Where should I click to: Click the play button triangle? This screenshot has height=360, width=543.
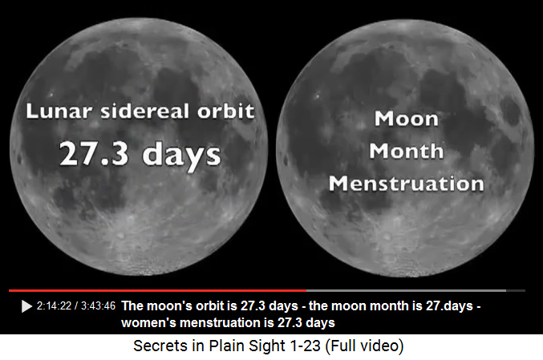click(x=26, y=306)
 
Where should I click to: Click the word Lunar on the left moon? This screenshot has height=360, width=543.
click(x=59, y=111)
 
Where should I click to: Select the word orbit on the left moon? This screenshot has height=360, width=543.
click(x=226, y=111)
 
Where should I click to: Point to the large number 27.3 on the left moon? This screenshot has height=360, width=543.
click(x=94, y=153)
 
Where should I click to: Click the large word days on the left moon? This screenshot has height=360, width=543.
click(x=181, y=156)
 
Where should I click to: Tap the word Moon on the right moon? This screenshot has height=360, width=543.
click(x=406, y=119)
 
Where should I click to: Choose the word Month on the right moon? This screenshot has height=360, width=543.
click(x=406, y=151)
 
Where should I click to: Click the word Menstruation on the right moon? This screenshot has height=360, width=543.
click(x=406, y=183)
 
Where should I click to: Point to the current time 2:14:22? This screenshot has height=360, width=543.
click(x=54, y=306)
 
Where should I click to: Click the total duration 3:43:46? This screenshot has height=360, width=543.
click(x=98, y=306)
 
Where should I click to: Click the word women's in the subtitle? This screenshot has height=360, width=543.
click(x=148, y=322)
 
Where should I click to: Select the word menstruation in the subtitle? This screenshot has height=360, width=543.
click(x=221, y=322)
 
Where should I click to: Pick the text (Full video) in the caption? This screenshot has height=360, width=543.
click(x=365, y=346)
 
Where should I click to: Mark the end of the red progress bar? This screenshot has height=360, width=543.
click(x=306, y=290)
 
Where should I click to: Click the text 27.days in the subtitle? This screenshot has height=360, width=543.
click(x=449, y=306)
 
